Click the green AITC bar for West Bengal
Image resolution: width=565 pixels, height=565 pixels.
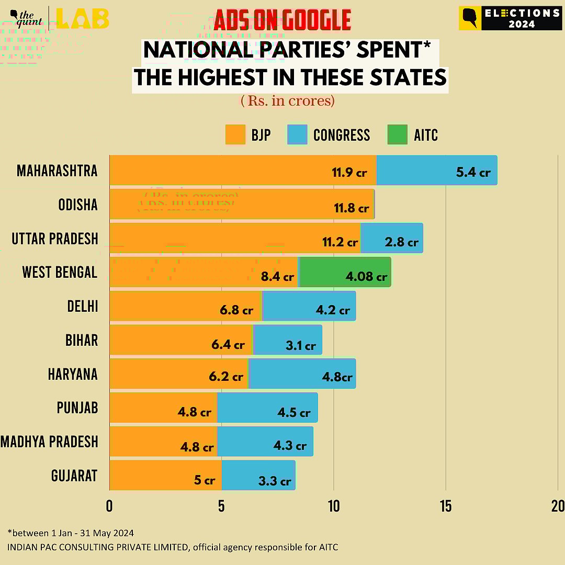[344, 272]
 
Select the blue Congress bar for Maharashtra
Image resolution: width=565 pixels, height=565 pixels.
[436, 170]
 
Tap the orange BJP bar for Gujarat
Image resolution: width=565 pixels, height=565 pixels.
[165, 475]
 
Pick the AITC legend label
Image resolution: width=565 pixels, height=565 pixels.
[425, 135]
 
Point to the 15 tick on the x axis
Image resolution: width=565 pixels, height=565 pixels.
[446, 506]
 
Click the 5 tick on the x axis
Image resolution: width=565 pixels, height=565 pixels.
[221, 506]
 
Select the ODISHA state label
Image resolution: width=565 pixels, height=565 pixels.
[78, 205]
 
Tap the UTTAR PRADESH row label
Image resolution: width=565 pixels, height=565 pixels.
[55, 239]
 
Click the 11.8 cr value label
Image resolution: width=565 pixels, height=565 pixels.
[351, 208]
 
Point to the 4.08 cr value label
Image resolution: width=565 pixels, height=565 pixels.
[366, 277]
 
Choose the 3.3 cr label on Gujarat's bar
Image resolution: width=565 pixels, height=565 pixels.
[275, 481]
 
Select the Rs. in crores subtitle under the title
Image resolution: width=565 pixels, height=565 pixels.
[287, 100]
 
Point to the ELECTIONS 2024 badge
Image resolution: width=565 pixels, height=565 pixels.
[510, 18]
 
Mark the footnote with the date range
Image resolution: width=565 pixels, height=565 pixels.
[71, 533]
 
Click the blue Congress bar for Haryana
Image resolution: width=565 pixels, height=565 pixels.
[302, 374]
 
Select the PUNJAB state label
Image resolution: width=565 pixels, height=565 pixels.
[77, 408]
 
